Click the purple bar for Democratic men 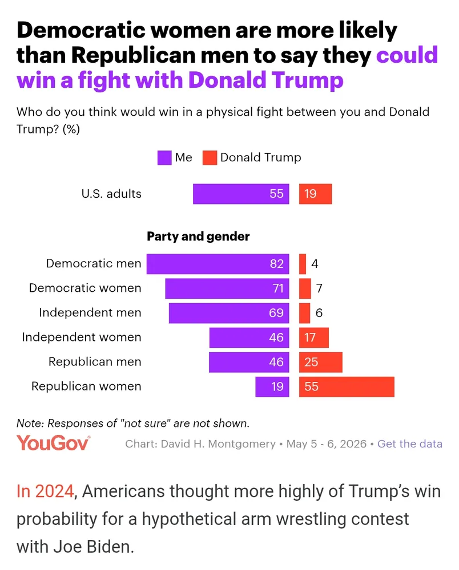[x=218, y=263]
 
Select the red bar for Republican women [x=347, y=386]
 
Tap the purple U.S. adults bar [x=241, y=194]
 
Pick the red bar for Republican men [x=321, y=362]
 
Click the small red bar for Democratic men [x=303, y=263]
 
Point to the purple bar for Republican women [x=272, y=386]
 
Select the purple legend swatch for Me [x=164, y=158]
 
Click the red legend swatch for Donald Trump [x=210, y=158]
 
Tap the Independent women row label [x=82, y=337]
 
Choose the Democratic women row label [x=85, y=288]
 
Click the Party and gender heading [x=198, y=237]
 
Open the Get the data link [x=410, y=444]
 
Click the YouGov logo [x=53, y=443]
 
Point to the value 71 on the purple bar [x=278, y=288]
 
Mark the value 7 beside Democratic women [x=319, y=288]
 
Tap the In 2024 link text [x=46, y=491]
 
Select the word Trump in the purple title [x=307, y=80]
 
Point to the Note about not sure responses [x=133, y=423]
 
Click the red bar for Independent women [x=314, y=337]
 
